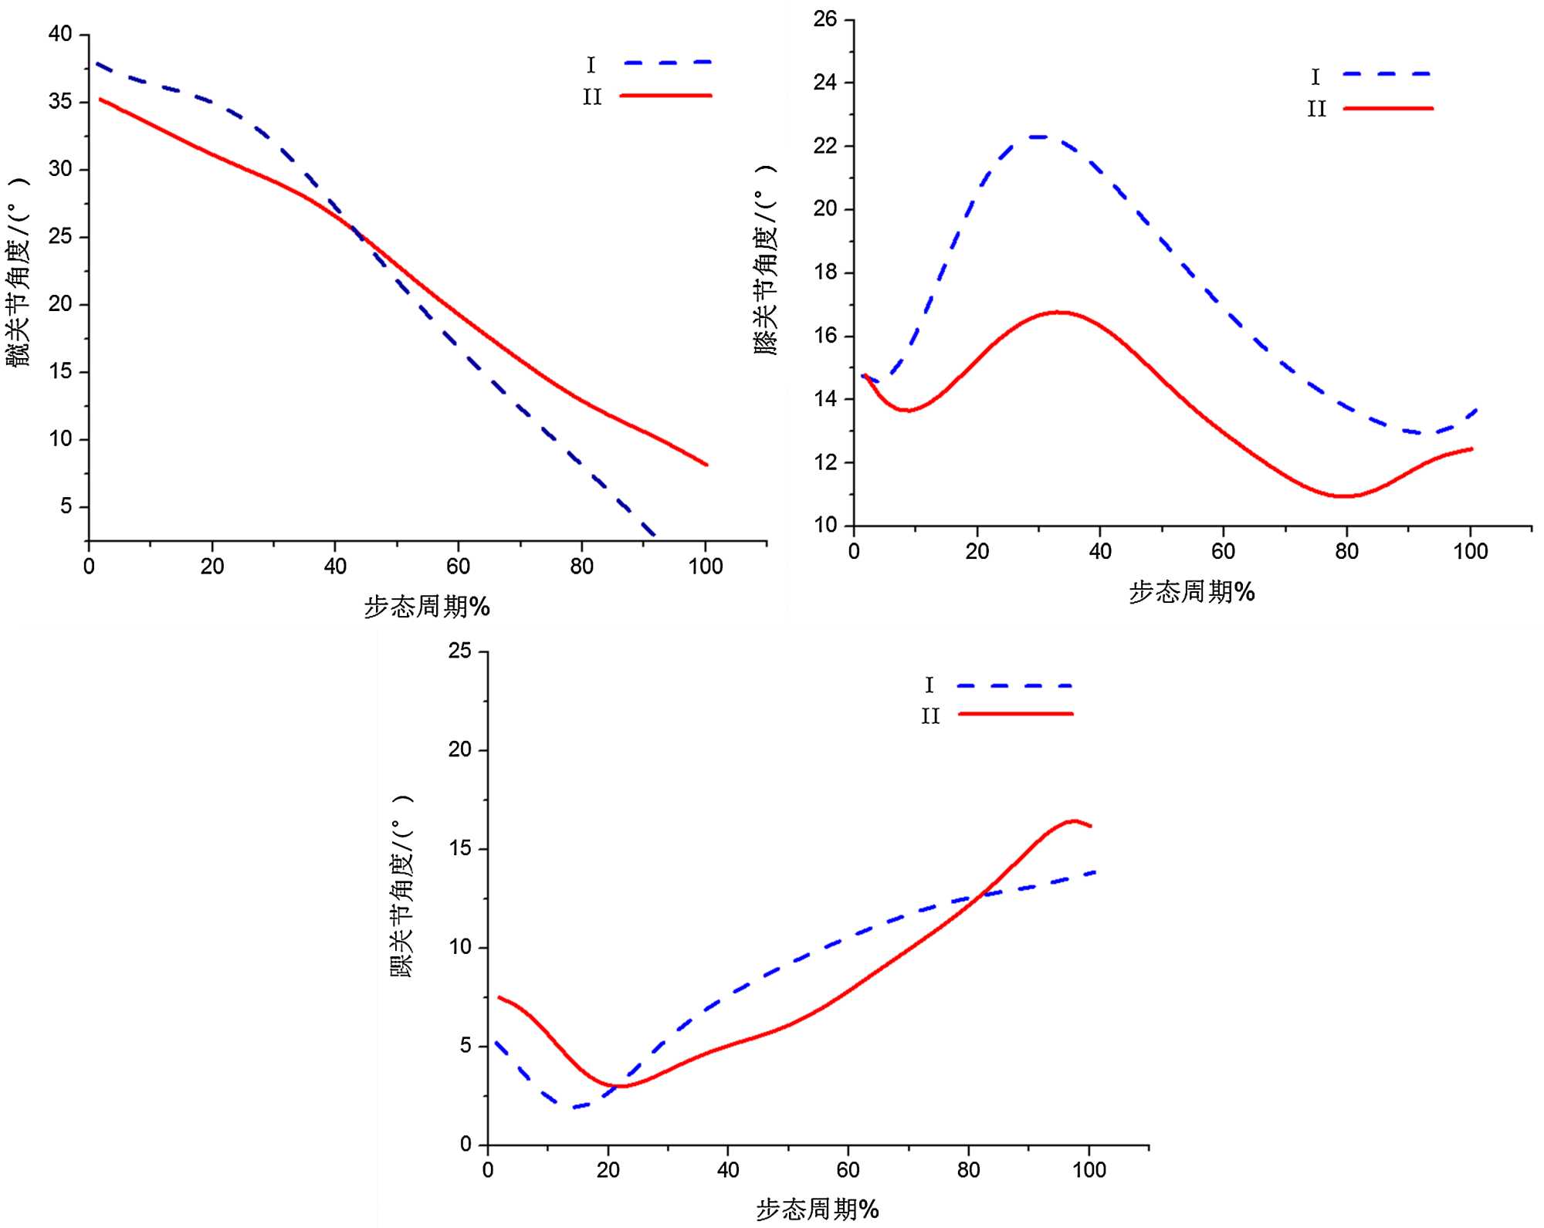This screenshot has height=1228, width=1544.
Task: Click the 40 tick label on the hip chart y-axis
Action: (x=59, y=34)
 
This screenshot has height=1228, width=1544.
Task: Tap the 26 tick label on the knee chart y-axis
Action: (x=824, y=19)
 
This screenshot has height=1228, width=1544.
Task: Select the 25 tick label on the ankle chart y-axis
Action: (x=459, y=651)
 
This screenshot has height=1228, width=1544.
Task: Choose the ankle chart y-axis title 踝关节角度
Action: (x=402, y=887)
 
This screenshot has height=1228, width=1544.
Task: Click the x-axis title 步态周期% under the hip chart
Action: (x=427, y=607)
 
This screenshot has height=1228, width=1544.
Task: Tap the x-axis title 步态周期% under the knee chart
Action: (x=1192, y=592)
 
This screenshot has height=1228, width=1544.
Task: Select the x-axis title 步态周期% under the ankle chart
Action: (x=817, y=1209)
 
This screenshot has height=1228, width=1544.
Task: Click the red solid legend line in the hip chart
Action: (x=665, y=96)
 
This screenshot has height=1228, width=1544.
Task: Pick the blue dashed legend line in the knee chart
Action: (x=1387, y=74)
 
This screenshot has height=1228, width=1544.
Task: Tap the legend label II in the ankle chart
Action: (x=930, y=717)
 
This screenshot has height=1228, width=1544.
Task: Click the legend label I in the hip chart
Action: (x=591, y=65)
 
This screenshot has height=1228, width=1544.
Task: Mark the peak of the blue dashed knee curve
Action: (x=1039, y=137)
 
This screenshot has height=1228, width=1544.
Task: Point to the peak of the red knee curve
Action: (x=1059, y=312)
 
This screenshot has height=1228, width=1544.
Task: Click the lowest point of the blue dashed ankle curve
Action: (x=574, y=1107)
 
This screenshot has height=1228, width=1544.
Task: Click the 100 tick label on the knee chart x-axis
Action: (x=1470, y=551)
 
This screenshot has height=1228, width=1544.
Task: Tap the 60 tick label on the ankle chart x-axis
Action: (x=848, y=1170)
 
